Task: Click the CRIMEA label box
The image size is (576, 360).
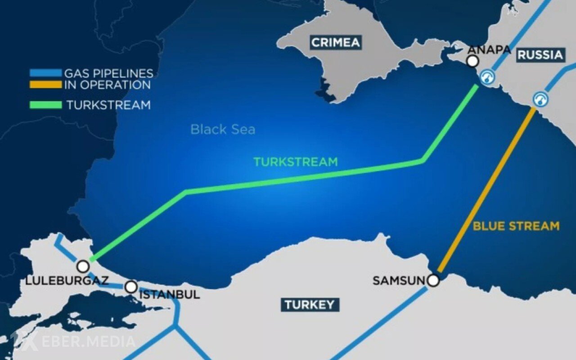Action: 336,43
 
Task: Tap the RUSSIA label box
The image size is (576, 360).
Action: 540,55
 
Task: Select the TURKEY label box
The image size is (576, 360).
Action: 310,305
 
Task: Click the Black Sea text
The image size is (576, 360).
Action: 223,130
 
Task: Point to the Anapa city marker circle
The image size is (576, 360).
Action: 472,61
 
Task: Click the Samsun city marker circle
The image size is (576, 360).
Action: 433,281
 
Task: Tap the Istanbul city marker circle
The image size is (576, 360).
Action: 130,287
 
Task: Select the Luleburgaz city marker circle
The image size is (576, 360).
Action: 83,266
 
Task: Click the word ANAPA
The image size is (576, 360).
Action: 489,49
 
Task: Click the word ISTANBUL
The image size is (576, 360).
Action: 170,295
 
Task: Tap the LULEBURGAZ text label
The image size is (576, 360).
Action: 67,281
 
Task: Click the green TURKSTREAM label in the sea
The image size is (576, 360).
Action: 295,162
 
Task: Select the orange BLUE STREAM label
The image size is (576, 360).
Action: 516,226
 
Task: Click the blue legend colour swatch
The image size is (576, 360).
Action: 45,73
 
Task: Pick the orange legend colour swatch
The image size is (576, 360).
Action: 45,84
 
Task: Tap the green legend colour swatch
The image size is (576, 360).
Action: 45,105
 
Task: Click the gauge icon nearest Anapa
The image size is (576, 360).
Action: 487,77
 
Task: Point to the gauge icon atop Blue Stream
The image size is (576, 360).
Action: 540,99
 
